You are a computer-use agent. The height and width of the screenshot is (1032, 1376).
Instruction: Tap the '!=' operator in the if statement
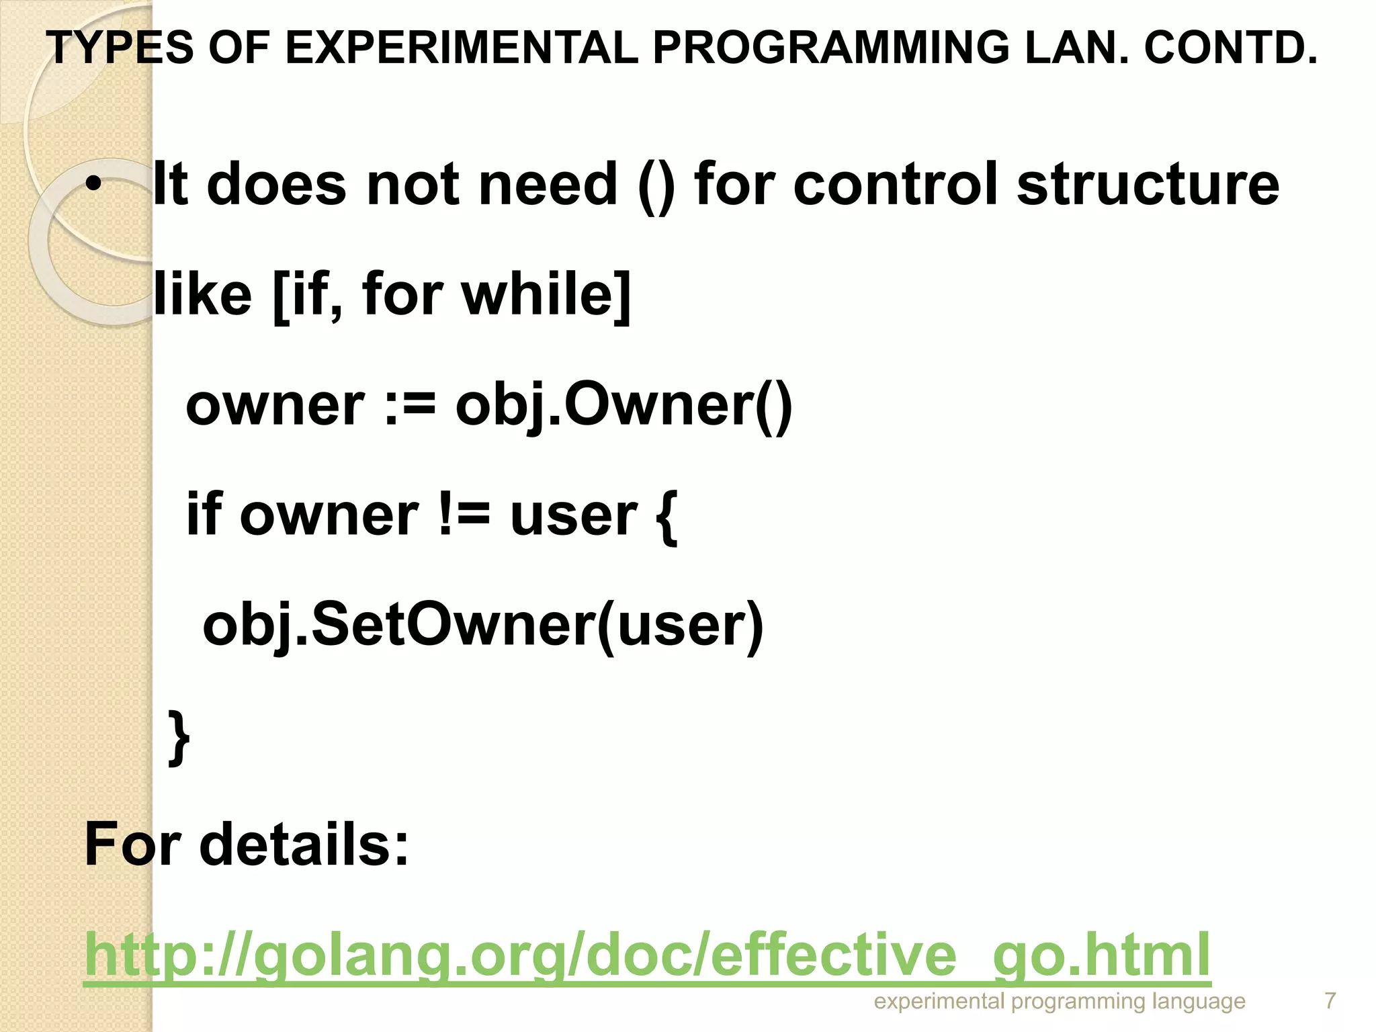[x=464, y=515]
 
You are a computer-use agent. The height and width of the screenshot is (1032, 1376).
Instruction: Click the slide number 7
[x=1330, y=1001]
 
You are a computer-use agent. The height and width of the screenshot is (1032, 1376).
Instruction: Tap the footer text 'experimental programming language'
[x=1060, y=1002]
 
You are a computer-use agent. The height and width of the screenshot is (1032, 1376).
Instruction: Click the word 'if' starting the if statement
[x=204, y=515]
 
